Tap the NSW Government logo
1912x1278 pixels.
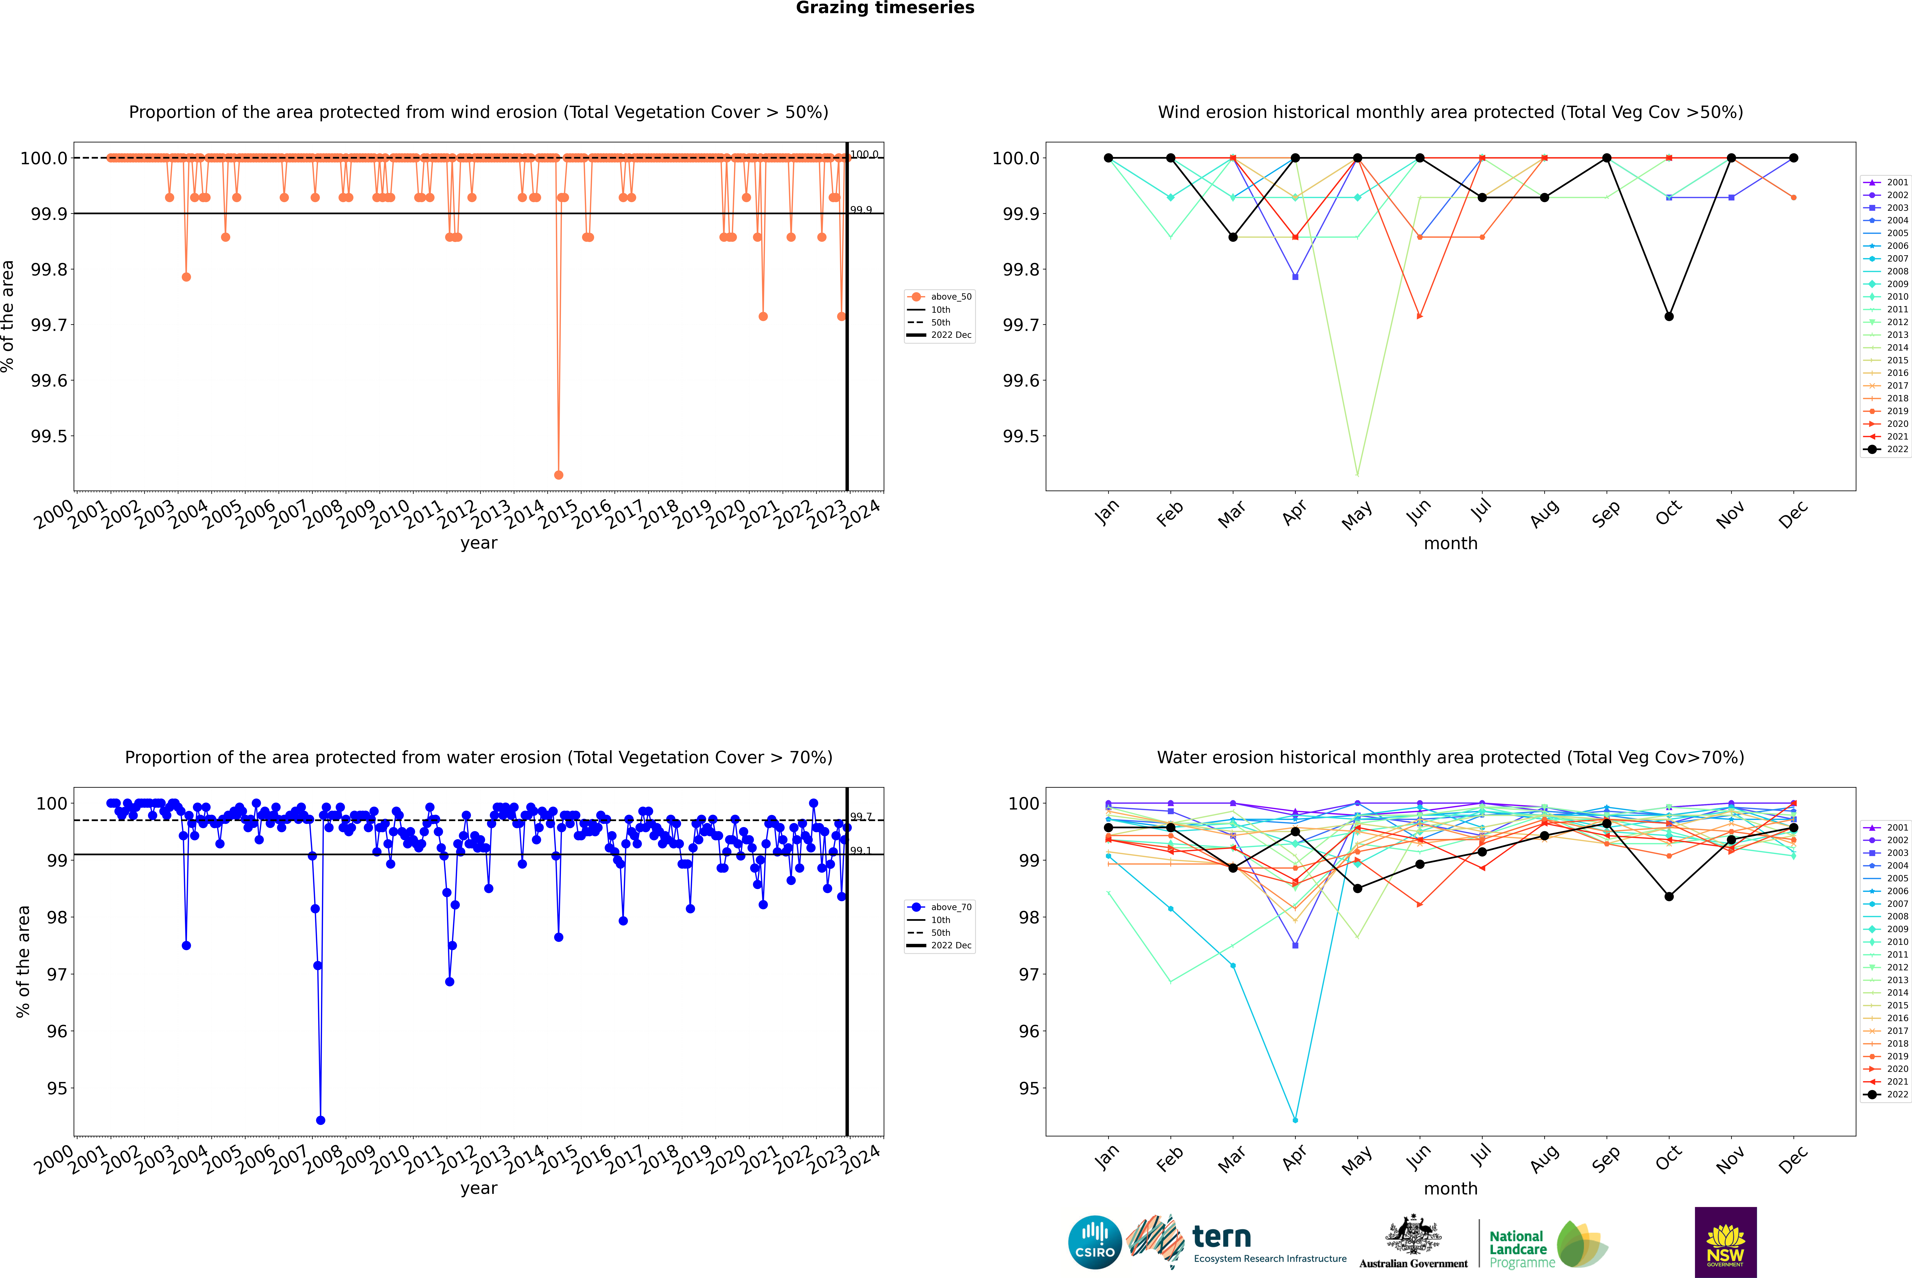(x=1725, y=1242)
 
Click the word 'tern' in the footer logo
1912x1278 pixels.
(x=1221, y=1237)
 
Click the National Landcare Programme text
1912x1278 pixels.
(x=1518, y=1249)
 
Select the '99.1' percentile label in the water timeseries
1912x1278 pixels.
(x=861, y=851)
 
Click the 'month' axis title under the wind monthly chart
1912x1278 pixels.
(x=1450, y=544)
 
